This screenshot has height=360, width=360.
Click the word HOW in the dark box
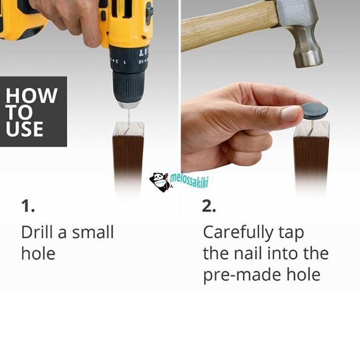32,96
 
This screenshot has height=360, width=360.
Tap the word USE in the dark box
24,129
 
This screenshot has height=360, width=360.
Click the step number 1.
28,206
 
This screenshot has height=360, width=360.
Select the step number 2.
209,206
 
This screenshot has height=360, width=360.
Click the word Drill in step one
38,232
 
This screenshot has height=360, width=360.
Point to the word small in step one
93,232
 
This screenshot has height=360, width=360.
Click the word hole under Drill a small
38,253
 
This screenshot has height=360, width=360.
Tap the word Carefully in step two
238,233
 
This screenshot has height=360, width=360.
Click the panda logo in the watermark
159,182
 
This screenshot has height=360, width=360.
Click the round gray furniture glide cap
314,111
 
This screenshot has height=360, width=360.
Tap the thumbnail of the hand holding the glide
290,113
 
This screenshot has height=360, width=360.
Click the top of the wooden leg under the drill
129,129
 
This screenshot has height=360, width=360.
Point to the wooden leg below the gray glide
312,158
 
